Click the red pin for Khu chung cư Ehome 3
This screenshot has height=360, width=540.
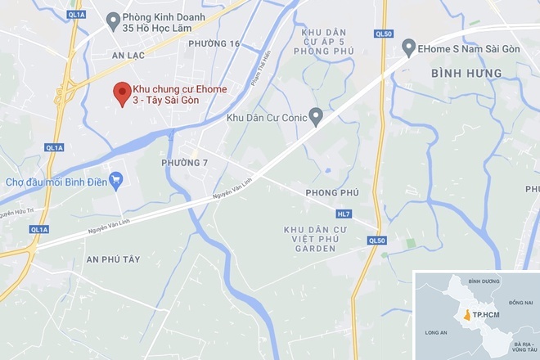coord(121,91)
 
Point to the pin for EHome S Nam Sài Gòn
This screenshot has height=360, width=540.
coord(408,49)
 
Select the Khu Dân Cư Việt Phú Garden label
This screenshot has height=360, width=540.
coord(316,238)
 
